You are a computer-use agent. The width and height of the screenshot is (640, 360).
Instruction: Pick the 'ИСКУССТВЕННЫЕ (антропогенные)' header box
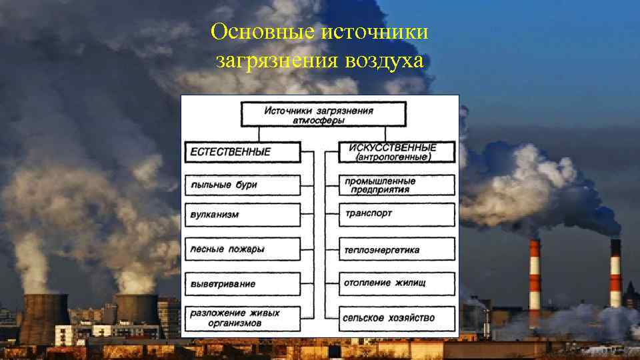coord(397,152)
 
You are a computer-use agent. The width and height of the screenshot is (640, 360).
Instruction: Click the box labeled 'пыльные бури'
coord(241,185)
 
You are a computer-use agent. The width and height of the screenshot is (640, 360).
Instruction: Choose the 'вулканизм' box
coord(241,215)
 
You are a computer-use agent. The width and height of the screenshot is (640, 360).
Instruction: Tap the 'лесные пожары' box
coord(241,249)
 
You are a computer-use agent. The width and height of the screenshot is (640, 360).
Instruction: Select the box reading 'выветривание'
coord(241,284)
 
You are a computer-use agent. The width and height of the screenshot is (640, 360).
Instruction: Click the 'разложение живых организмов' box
coord(241,318)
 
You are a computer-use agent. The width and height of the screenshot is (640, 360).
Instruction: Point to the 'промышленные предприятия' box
coord(397,185)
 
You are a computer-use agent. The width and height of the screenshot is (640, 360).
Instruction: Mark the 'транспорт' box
coord(397,215)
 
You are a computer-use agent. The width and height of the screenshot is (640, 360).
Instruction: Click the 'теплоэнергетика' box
coord(397,250)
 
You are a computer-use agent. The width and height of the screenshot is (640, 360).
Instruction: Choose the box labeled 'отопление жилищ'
coord(397,283)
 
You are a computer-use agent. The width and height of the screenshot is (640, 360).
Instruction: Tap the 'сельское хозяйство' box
coord(397,317)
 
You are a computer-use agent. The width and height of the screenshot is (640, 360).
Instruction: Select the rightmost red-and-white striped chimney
coord(615,273)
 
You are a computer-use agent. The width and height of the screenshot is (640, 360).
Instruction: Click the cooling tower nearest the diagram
coord(137,309)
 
